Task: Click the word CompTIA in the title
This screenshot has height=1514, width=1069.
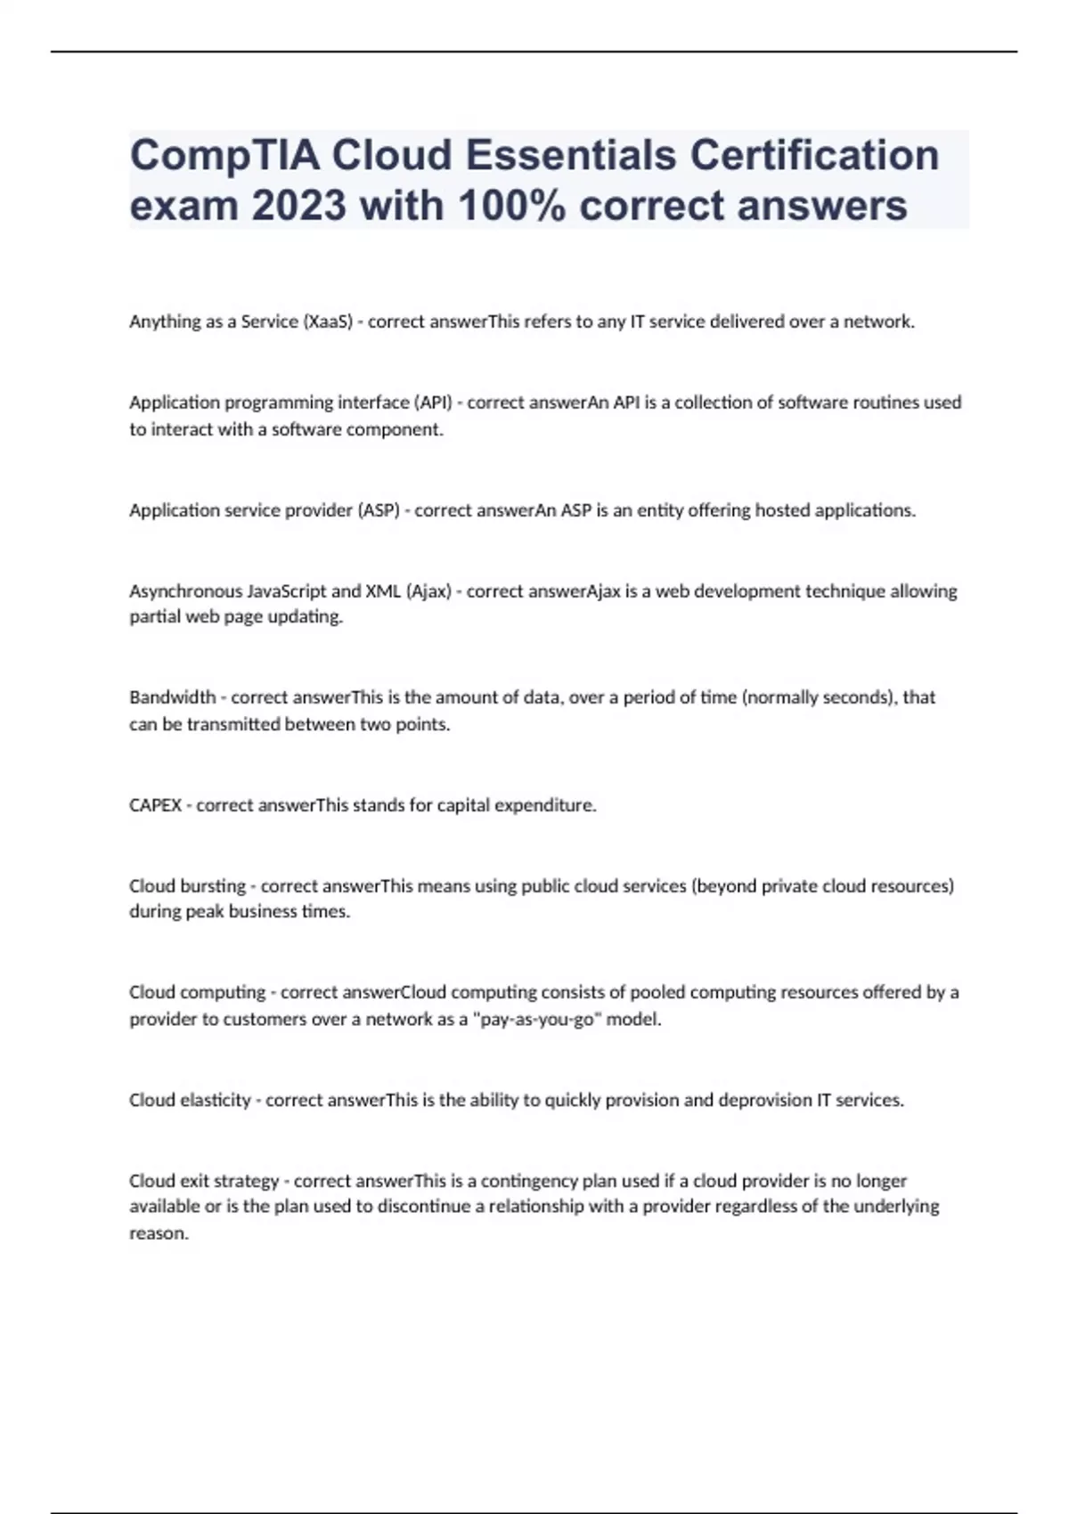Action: [224, 156]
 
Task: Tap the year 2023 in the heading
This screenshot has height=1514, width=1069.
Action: [298, 206]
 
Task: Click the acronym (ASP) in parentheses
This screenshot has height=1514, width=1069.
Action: [378, 510]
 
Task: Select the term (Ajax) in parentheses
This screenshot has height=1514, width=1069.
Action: [428, 591]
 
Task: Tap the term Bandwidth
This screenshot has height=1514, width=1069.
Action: [172, 697]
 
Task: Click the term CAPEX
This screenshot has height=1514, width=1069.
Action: [155, 805]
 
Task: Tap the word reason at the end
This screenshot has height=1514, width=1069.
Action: [159, 1234]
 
